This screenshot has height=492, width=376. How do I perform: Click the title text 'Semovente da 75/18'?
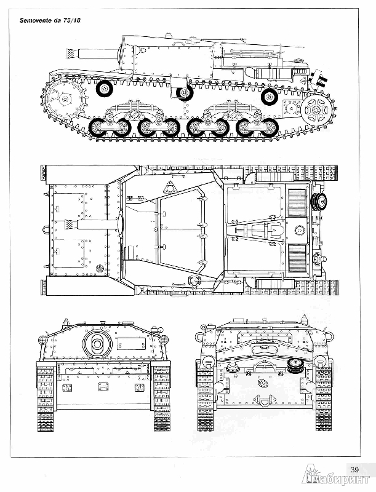50,20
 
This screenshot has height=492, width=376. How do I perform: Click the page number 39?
354,469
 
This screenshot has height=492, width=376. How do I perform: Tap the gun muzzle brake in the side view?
71,54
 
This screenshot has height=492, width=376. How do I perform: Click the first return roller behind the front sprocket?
104,89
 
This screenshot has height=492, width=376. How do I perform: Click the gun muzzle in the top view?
71,224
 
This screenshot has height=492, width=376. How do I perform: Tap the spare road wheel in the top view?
318,200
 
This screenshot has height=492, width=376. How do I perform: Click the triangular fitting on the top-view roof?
170,188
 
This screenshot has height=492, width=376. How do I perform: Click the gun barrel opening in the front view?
97,344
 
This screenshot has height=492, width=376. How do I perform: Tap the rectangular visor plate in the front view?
132,343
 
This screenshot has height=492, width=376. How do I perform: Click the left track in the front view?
46,397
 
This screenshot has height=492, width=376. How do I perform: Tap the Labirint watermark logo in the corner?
336,478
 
